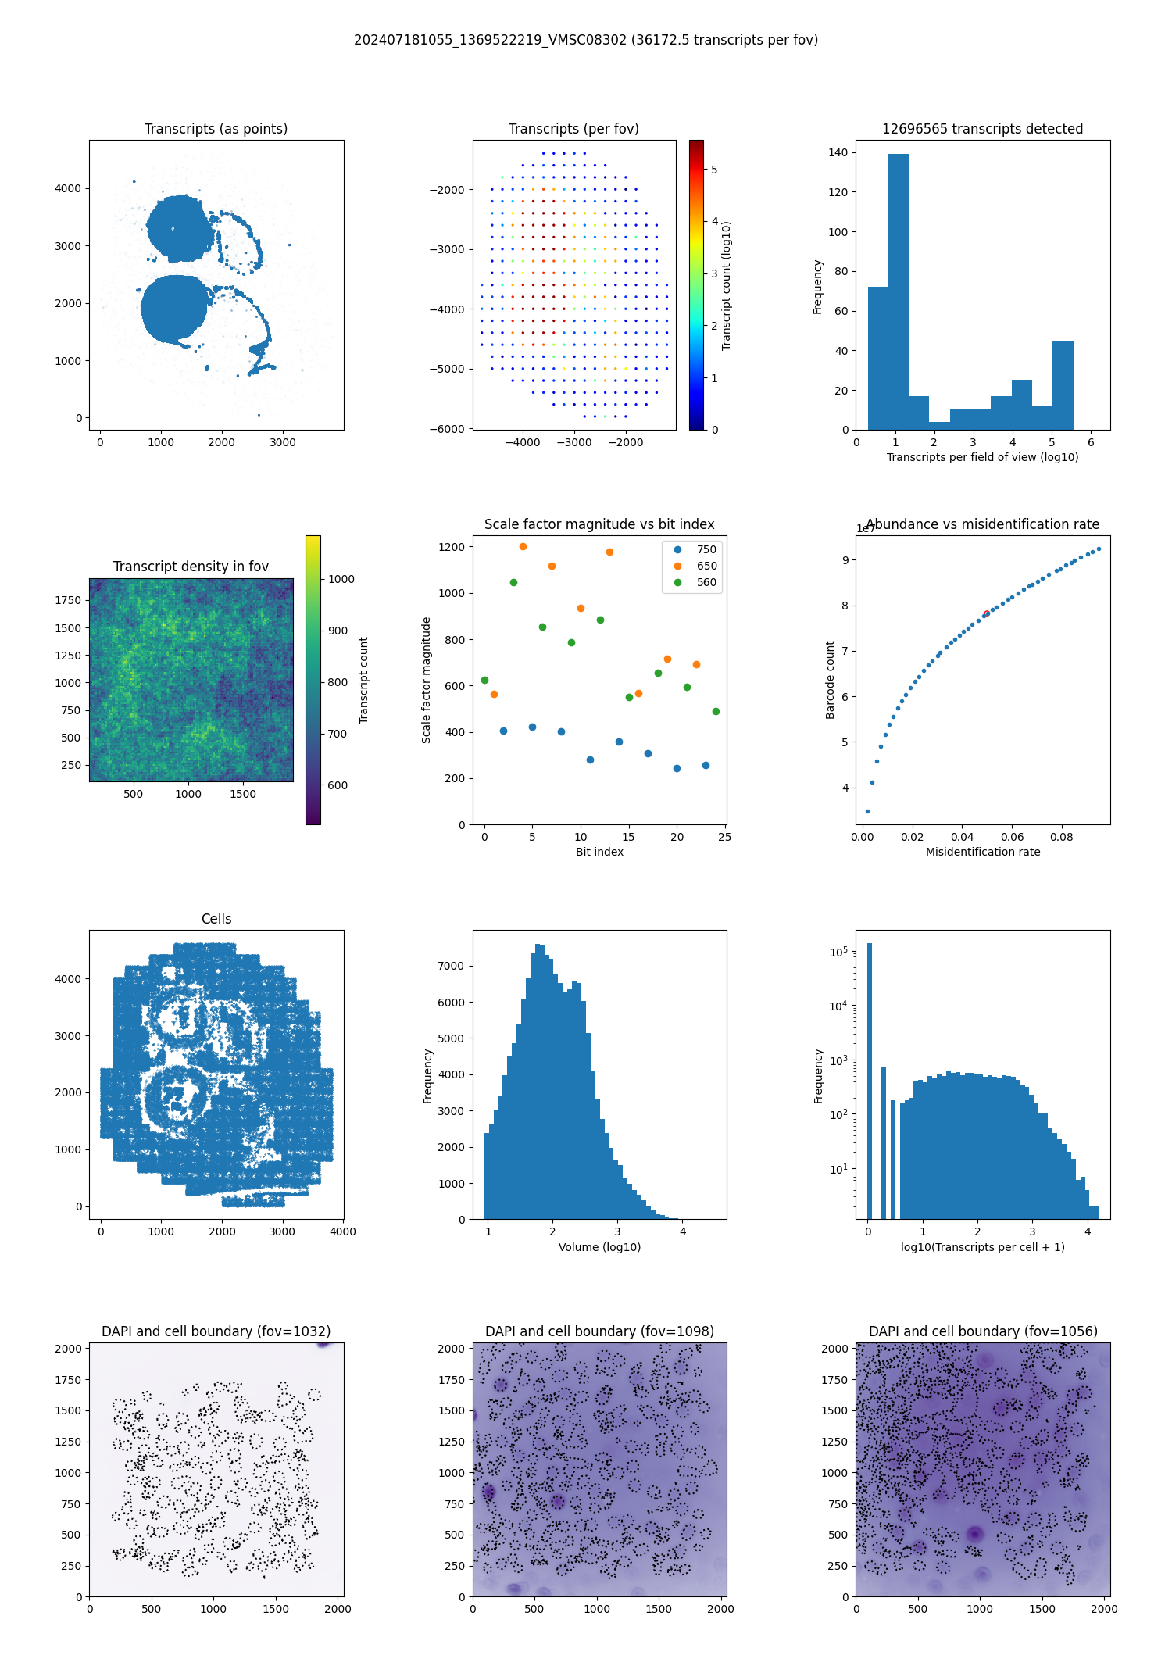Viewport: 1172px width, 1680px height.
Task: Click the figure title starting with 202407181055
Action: click(586, 40)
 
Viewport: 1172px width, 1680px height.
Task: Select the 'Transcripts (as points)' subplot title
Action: click(216, 129)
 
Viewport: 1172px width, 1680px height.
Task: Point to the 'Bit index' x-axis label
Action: click(599, 852)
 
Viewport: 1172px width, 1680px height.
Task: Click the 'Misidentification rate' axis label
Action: click(982, 852)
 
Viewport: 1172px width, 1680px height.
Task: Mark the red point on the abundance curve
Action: click(986, 613)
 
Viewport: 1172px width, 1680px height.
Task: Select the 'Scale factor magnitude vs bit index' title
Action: click(599, 524)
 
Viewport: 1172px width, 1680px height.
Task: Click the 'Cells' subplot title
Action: click(216, 919)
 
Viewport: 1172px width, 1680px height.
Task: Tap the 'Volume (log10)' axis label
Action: click(599, 1247)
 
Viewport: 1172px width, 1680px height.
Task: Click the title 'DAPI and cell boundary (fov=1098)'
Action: click(599, 1331)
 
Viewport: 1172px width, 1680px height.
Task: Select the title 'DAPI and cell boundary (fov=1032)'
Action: click(216, 1331)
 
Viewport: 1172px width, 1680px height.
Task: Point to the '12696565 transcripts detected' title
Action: click(982, 129)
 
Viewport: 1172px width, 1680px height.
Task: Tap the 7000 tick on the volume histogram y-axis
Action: click(452, 966)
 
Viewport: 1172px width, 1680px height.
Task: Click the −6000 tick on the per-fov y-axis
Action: click(446, 429)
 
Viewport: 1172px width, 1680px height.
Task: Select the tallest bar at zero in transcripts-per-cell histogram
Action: click(870, 1078)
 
